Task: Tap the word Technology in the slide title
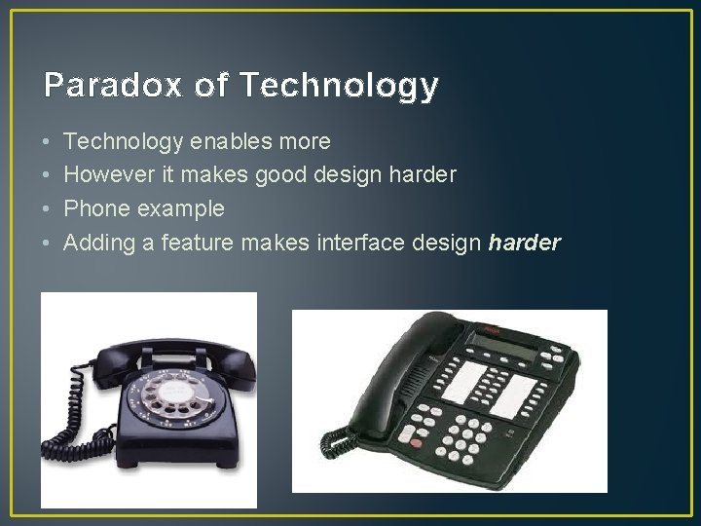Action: [337, 86]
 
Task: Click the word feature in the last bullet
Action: [192, 242]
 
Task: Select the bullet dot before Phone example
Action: [47, 208]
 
